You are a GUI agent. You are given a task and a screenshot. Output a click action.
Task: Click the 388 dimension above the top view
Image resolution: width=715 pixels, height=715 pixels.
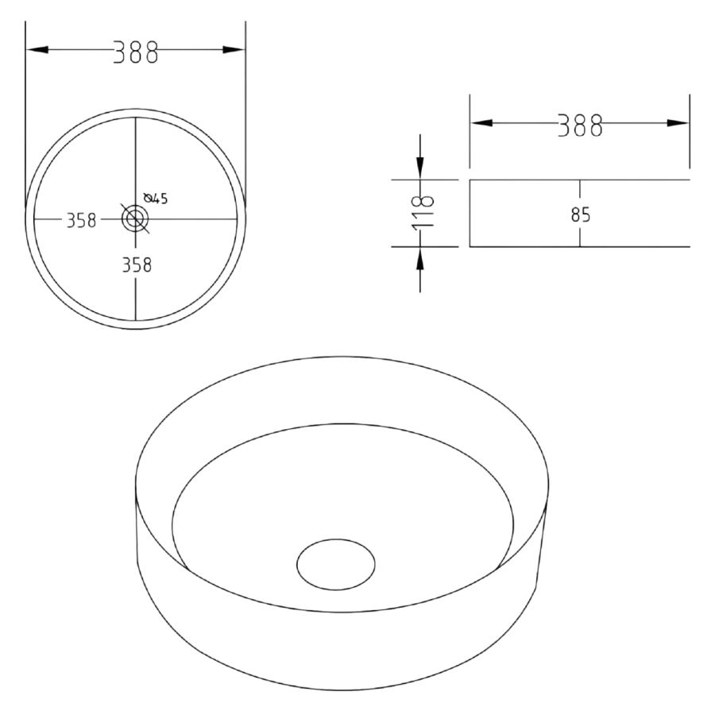coord(135,50)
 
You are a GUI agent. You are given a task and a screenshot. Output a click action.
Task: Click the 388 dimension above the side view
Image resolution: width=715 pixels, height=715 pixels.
coord(579,123)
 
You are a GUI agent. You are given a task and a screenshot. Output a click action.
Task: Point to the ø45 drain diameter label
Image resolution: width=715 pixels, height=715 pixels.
coord(157,199)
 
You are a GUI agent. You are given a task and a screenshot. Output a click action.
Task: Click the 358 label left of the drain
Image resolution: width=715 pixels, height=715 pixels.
coord(80,219)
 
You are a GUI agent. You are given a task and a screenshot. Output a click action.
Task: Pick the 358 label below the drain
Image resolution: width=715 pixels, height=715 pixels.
coord(136,265)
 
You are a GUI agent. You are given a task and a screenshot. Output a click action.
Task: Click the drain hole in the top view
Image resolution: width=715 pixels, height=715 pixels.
coord(135,218)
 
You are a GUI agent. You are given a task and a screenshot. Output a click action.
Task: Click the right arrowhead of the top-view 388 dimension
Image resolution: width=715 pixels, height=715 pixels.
coord(234,50)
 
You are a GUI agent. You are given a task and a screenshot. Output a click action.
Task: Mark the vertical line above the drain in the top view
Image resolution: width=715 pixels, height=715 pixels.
coord(136,159)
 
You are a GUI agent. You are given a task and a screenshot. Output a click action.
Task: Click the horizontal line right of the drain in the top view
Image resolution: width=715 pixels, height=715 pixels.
coord(199,218)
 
